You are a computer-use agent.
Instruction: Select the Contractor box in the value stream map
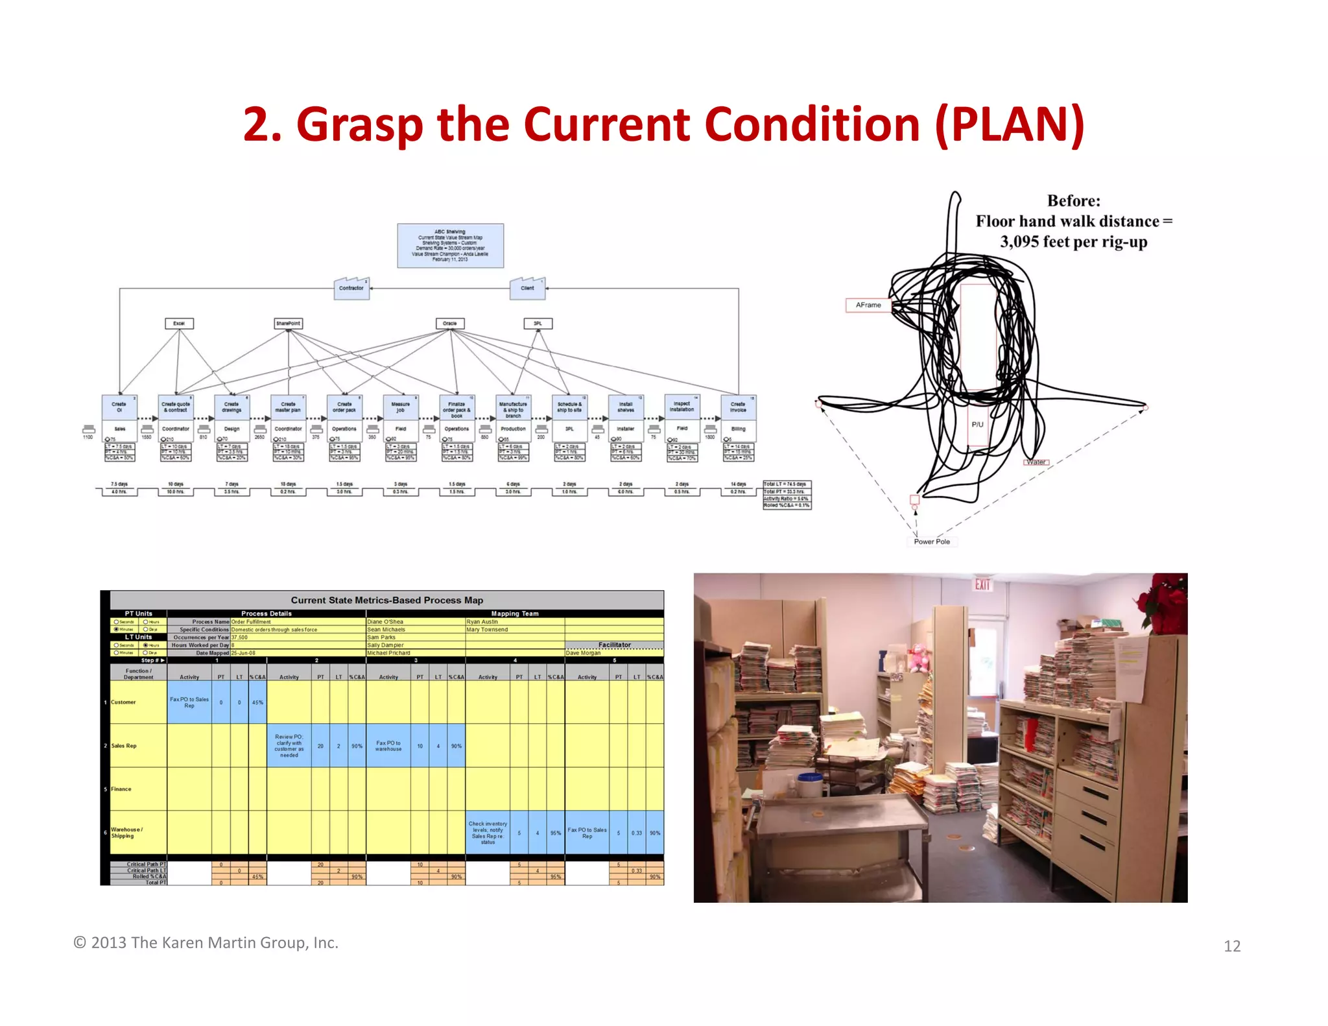(x=351, y=289)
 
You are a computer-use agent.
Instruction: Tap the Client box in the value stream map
(x=527, y=289)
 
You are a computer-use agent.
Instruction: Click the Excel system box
(x=179, y=323)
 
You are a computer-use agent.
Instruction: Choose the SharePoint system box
(x=288, y=323)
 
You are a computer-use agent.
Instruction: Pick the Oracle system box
(x=449, y=323)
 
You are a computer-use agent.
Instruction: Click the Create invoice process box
(x=738, y=407)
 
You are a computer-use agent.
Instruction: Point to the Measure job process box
(x=400, y=407)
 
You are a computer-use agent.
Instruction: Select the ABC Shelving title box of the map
(x=450, y=246)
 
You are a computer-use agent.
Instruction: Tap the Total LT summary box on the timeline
(x=787, y=495)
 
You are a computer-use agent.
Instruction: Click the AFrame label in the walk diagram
(x=868, y=305)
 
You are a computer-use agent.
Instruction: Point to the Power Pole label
(x=931, y=542)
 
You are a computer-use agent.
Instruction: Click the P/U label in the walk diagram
(x=977, y=425)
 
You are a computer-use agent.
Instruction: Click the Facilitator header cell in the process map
(x=614, y=645)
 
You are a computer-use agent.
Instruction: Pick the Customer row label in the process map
(x=123, y=702)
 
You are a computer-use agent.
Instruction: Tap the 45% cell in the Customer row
(x=257, y=702)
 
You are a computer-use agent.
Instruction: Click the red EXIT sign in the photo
(x=982, y=584)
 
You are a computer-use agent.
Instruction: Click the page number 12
(x=1232, y=946)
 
